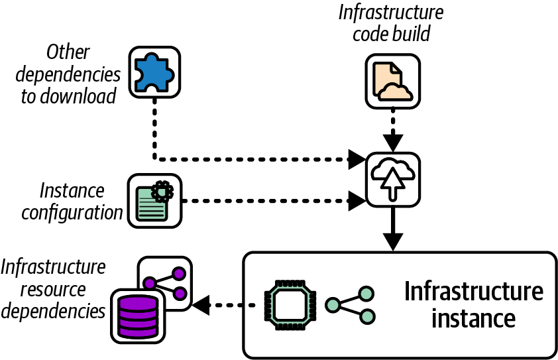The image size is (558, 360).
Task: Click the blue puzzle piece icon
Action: click(154, 72)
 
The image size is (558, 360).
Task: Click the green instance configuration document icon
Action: click(154, 200)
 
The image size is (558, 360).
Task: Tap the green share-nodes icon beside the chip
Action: click(351, 305)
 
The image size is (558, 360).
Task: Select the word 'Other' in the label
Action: click(69, 52)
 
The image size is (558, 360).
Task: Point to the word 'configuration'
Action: click(72, 213)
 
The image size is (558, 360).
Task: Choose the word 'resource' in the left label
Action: click(53, 289)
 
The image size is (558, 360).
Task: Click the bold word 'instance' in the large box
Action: click(473, 318)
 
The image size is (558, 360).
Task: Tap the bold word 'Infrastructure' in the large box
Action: click(473, 292)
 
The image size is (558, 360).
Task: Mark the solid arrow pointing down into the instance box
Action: click(393, 229)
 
